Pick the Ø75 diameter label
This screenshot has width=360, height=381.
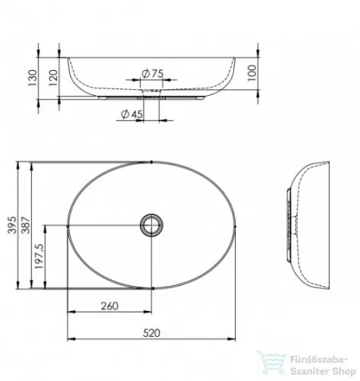click(x=152, y=74)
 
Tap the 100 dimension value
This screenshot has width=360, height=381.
click(x=251, y=74)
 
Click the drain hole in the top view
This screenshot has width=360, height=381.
click(x=151, y=226)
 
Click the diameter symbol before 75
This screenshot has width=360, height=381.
click(x=145, y=74)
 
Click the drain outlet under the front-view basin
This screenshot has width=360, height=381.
click(x=152, y=95)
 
